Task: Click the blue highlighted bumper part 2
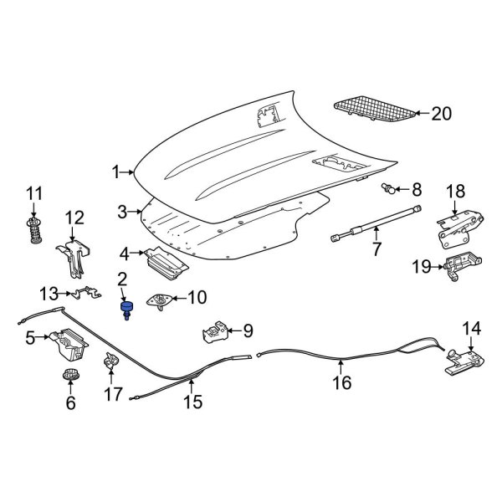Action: pos(126,311)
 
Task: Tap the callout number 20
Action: pos(440,115)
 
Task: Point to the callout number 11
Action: pos(34,195)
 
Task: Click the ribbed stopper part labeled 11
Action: pos(34,230)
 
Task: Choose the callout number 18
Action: pos(453,192)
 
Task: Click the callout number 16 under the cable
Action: pos(341,383)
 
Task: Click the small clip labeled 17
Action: pos(110,363)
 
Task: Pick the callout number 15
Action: pos(192,402)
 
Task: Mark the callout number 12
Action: pos(74,219)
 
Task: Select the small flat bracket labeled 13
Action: pos(82,294)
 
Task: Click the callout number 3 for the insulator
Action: pos(122,212)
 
